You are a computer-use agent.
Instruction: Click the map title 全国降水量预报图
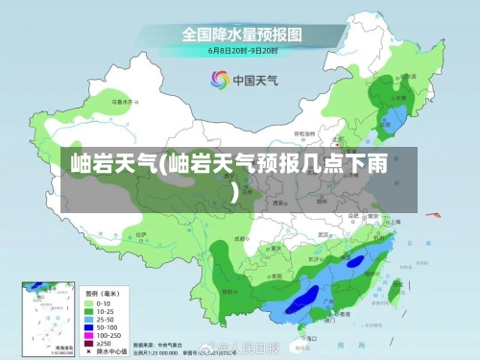click(243, 33)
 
